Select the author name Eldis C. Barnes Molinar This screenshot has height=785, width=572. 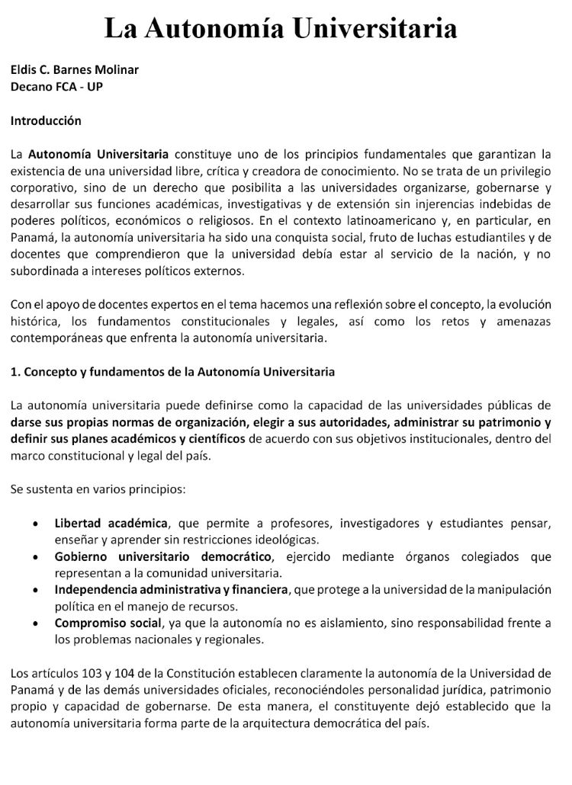point(75,69)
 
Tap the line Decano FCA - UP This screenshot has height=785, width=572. point(56,86)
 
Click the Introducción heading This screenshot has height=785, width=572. point(46,120)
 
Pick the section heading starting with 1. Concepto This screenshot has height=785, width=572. point(172,372)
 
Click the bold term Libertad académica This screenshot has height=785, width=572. point(111,523)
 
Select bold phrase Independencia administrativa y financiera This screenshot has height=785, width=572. point(172,590)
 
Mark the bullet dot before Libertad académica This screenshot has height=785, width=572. point(37,524)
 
